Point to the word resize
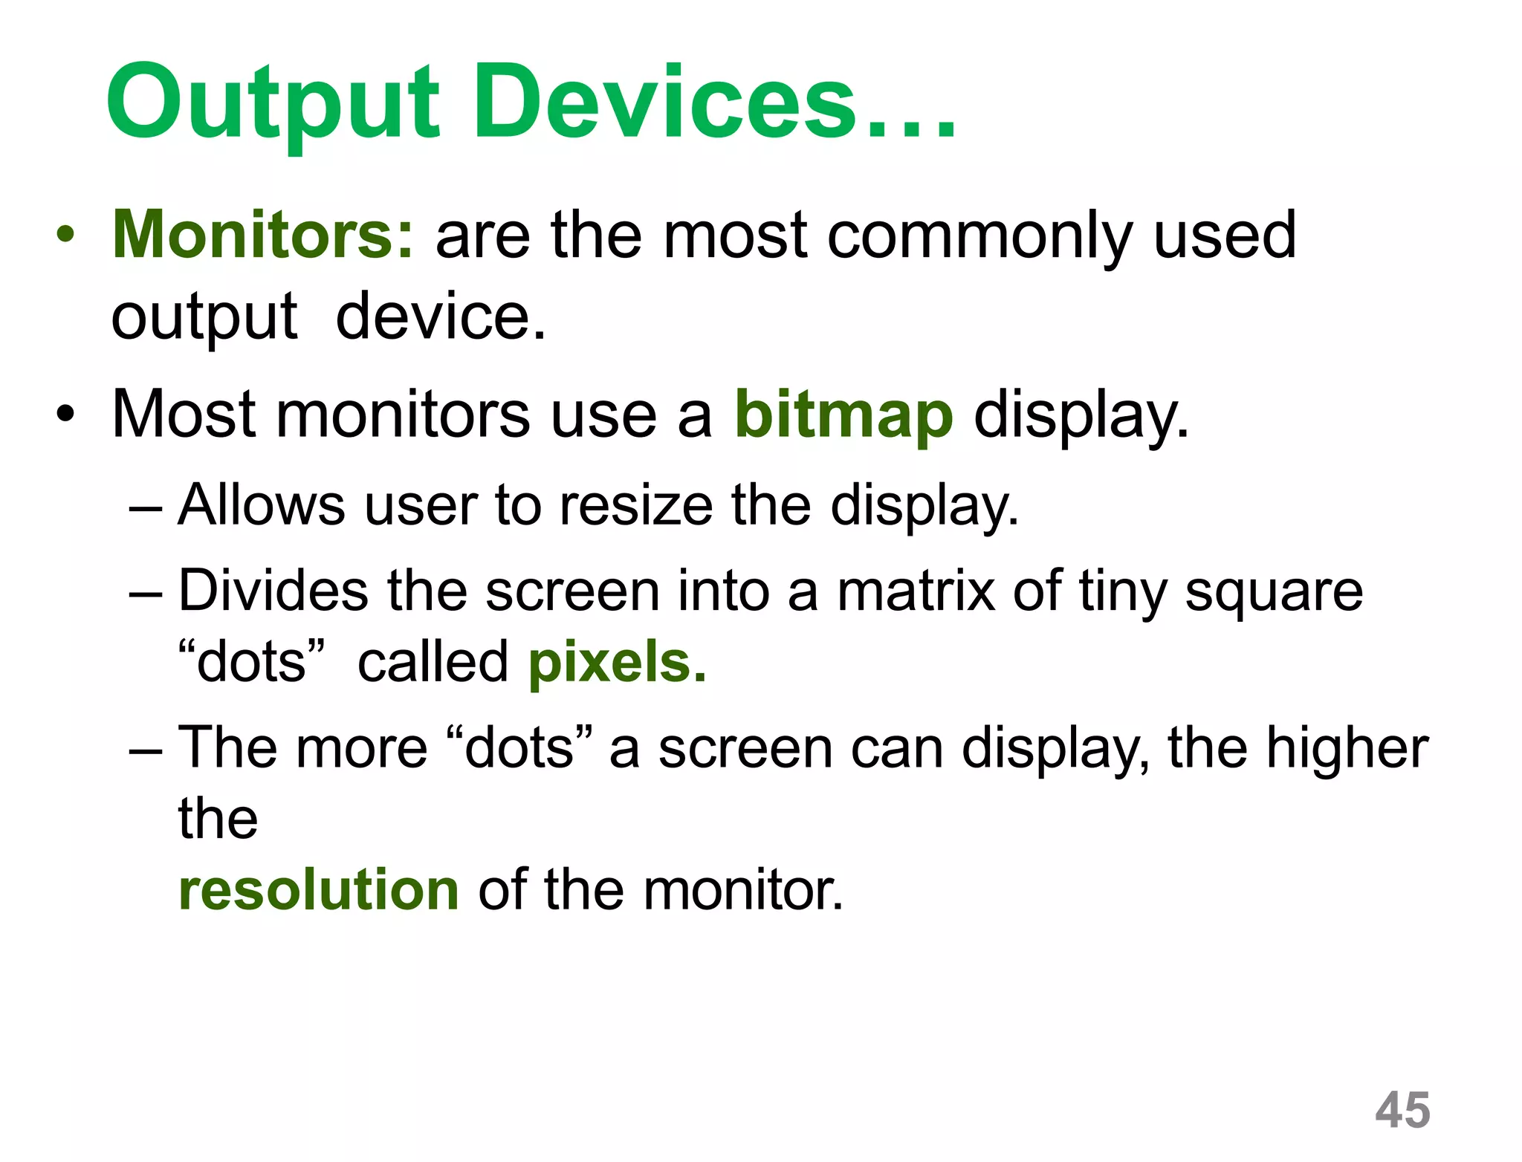click(x=636, y=506)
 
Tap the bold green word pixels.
click(x=617, y=662)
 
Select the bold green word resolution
click(x=319, y=889)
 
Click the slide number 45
click(x=1402, y=1110)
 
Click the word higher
click(x=1347, y=748)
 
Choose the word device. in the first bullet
click(x=441, y=317)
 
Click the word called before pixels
click(x=433, y=662)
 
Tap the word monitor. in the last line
click(x=743, y=889)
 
